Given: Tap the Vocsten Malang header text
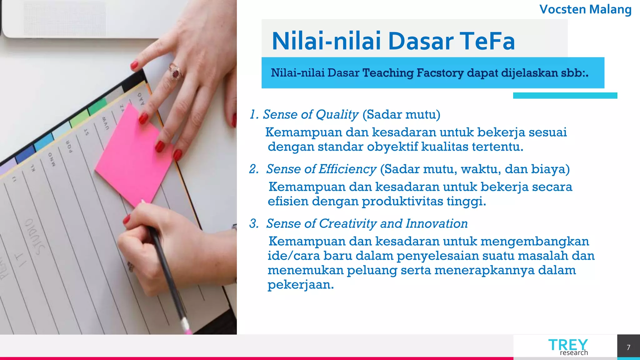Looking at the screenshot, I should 585,9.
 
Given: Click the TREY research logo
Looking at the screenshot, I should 568,347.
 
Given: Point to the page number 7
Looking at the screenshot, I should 628,347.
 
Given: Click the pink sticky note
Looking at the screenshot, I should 133,156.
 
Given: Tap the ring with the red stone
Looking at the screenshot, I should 176,73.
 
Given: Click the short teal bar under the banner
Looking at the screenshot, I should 565,96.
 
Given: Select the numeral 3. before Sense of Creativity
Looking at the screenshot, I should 254,224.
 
